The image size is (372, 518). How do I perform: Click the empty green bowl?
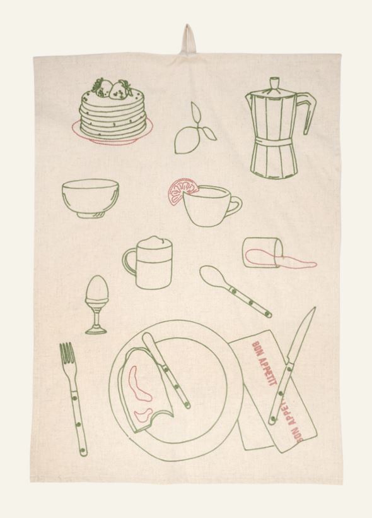90,198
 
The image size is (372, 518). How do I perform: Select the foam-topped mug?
148,263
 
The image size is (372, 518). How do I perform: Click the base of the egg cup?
96,329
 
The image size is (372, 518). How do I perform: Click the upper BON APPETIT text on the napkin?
264,364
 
